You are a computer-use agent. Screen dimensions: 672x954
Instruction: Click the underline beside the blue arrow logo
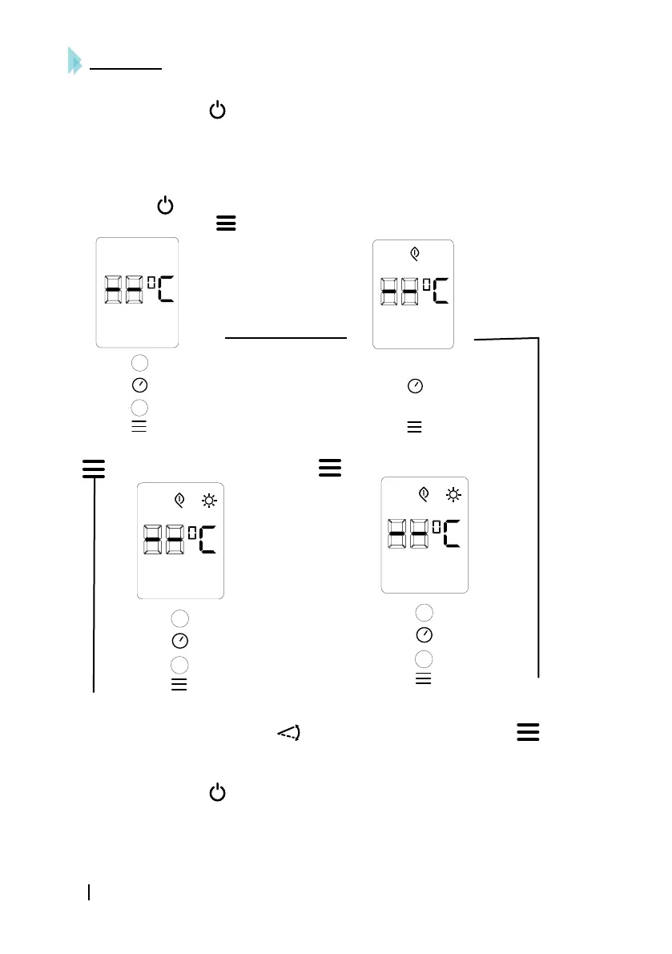[127, 70]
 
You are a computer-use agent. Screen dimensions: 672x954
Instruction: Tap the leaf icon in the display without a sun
[414, 254]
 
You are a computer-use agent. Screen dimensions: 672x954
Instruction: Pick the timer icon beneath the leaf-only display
[415, 386]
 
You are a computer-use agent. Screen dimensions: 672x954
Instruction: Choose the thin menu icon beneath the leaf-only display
[414, 427]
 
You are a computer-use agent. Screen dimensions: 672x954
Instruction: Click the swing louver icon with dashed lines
[288, 732]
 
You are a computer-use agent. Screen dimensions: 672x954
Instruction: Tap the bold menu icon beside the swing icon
[526, 732]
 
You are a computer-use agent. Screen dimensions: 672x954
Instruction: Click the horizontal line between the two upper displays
[286, 339]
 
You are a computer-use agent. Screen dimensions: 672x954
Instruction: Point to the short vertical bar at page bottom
[90, 892]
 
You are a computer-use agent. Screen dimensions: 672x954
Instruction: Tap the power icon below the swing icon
[216, 794]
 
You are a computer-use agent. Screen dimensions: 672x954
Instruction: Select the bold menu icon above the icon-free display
[226, 225]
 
